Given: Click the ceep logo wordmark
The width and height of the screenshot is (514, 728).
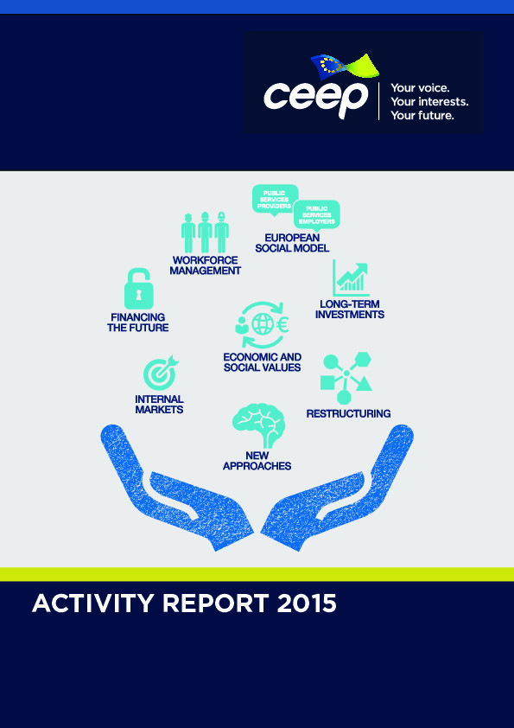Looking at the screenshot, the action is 316,99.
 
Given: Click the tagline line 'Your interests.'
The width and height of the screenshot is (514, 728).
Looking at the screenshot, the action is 429,101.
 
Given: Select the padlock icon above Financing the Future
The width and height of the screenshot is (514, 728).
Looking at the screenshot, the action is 139,288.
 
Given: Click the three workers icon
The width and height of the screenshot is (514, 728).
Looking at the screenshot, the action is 205,232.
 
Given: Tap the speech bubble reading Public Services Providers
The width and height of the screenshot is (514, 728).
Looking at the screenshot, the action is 275,200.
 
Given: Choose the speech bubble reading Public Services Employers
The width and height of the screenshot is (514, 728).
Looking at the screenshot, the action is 317,215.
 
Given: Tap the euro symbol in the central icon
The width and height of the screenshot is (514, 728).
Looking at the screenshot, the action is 282,324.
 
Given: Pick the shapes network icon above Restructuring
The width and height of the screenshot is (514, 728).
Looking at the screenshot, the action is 346,378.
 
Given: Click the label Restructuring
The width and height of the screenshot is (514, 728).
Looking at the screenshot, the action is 348,413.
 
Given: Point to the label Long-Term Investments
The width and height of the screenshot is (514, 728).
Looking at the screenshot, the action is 350,310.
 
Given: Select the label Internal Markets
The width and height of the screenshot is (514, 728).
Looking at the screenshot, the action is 159,405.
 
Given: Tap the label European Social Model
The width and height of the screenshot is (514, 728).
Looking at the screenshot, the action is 292,243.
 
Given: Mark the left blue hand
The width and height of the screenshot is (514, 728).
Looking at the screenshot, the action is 176,488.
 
